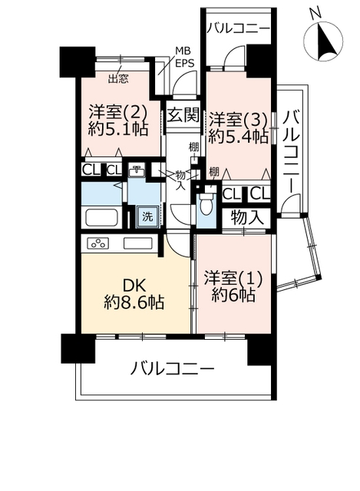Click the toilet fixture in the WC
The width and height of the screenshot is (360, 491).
coord(206,203)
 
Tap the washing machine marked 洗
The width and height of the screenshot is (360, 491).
coord(147,216)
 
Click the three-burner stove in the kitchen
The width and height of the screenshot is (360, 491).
coord(98,243)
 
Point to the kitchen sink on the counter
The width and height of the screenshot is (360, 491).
coord(138,243)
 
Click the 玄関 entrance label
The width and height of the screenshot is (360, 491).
coord(183,115)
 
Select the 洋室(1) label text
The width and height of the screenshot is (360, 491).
coord(233,278)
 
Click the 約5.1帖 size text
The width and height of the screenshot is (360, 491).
coord(117,128)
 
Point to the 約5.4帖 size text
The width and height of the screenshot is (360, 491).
coord(237,137)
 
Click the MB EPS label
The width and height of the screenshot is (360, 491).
coord(184,57)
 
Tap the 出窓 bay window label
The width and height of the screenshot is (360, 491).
coord(118,79)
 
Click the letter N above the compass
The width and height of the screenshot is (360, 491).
coord(315,14)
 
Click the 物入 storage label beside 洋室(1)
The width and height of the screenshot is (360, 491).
coord(247,217)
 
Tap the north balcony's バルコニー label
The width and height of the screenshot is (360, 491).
coord(238,29)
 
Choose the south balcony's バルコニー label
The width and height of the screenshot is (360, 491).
coord(172,368)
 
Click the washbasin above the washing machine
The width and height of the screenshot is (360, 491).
coord(137,171)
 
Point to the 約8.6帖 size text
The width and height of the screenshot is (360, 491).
coord(134,302)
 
